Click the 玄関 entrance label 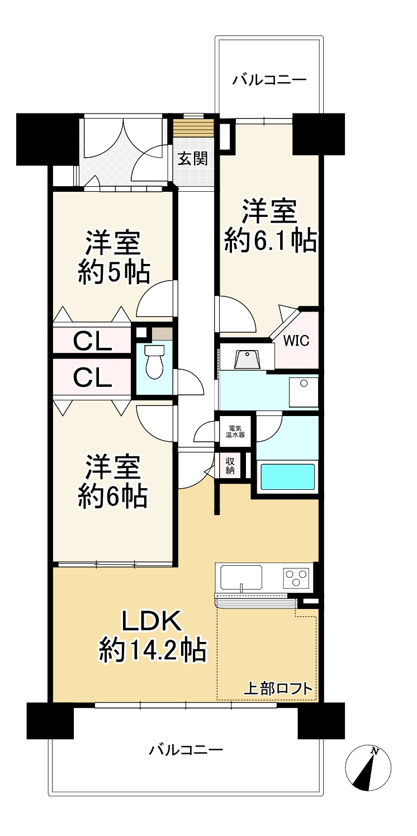192,159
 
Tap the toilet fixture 154,361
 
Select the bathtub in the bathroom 287,476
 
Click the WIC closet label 296,341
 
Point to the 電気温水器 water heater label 235,432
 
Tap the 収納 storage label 230,466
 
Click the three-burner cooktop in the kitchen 297,578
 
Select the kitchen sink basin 241,578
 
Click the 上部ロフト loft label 278,688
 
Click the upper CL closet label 92,341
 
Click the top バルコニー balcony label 269,80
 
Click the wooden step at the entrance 195,128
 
